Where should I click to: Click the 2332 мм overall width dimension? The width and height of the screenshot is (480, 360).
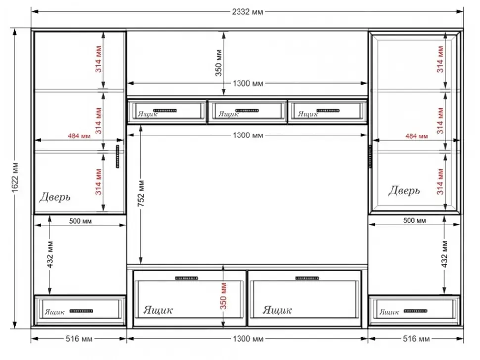(x=247, y=12)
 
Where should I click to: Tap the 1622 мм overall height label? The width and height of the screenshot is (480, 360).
(x=15, y=178)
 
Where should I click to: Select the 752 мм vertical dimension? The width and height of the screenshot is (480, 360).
(x=141, y=193)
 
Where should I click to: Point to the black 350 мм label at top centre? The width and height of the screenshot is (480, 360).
(x=219, y=63)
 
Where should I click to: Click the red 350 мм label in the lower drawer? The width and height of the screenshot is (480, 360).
(x=224, y=296)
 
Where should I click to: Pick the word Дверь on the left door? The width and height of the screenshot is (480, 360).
(x=55, y=197)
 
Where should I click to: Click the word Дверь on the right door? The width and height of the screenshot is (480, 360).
(x=404, y=190)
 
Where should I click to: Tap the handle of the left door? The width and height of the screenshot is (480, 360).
(x=118, y=156)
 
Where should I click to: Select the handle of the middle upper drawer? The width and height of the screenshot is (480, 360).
(x=247, y=110)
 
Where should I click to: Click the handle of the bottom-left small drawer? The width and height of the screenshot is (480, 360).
(x=81, y=311)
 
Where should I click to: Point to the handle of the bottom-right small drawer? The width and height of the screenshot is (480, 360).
(x=415, y=311)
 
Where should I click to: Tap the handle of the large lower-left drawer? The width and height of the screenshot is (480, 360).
(x=187, y=278)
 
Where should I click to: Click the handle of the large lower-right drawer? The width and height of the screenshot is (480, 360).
(x=307, y=278)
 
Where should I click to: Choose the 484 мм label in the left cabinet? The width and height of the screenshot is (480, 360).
(x=79, y=136)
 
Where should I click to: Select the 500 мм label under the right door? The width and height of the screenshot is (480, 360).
(x=415, y=220)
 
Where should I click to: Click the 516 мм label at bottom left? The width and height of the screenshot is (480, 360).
(x=79, y=339)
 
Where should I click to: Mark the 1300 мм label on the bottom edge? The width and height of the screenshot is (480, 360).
(x=248, y=339)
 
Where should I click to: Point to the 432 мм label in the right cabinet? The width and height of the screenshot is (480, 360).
(x=445, y=255)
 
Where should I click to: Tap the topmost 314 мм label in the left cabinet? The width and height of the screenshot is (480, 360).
(x=98, y=59)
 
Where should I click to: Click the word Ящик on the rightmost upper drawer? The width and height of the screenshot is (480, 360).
(x=308, y=114)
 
